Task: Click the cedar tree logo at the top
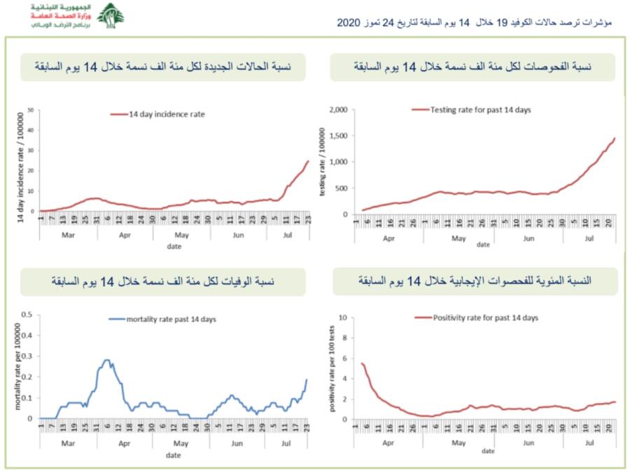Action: point(110,15)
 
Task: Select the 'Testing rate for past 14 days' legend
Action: point(471,109)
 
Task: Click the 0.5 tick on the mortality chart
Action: point(27,314)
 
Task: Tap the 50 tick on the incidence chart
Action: point(31,110)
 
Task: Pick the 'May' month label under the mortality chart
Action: point(181,444)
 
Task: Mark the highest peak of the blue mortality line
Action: point(107,360)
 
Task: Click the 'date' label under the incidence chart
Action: point(174,247)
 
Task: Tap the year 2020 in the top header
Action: point(348,22)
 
